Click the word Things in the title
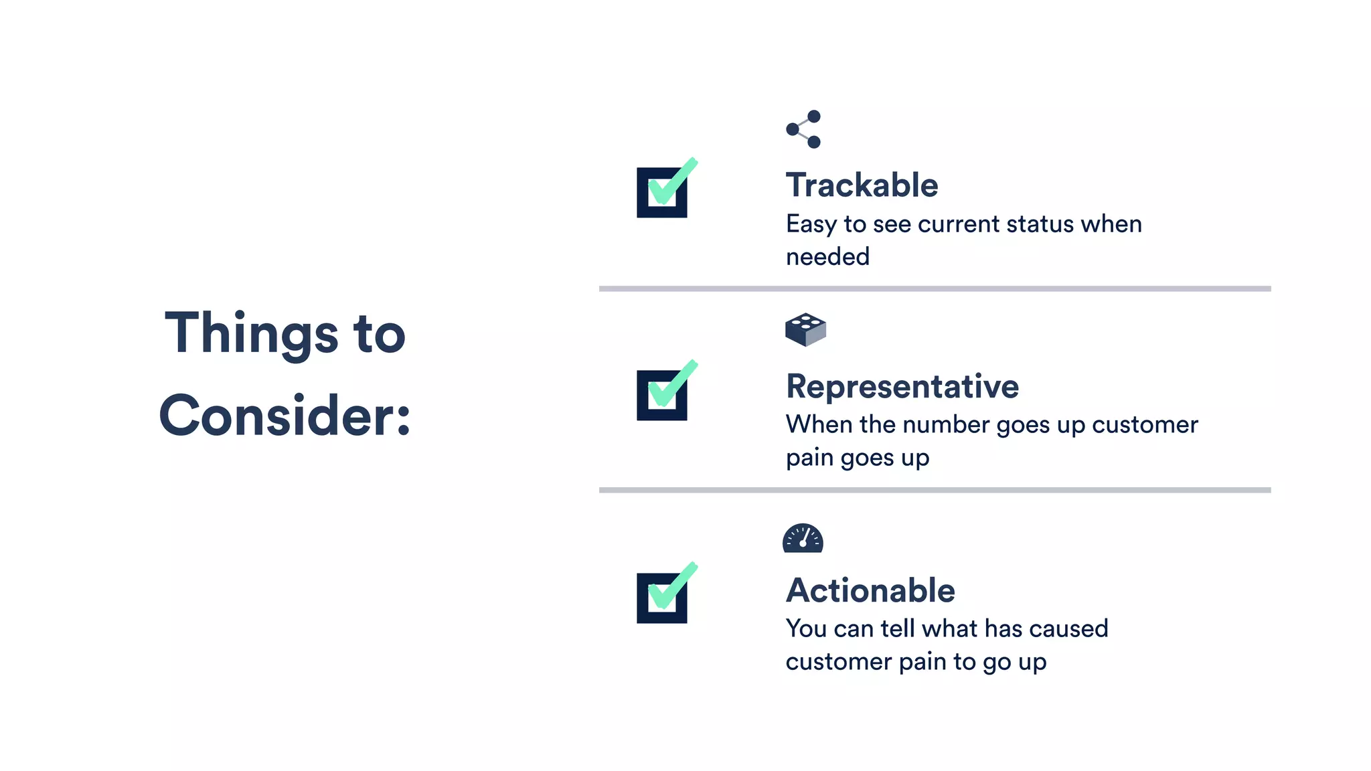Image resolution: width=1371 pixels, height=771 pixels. click(x=252, y=334)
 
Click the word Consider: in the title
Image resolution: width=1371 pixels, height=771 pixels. click(x=285, y=416)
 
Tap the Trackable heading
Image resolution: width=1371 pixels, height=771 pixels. click(x=862, y=185)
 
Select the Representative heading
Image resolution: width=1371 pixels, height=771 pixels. click(x=902, y=386)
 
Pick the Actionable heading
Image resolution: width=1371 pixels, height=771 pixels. click(x=870, y=590)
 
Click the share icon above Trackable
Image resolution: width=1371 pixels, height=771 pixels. click(x=803, y=129)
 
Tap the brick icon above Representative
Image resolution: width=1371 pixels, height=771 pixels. click(x=805, y=329)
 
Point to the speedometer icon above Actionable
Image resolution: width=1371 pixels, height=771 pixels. click(x=803, y=538)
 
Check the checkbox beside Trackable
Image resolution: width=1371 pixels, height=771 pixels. click(x=662, y=192)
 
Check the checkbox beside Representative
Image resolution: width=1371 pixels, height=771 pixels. click(x=662, y=395)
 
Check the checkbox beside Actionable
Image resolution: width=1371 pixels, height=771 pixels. click(x=662, y=598)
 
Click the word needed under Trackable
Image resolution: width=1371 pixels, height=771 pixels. click(x=827, y=257)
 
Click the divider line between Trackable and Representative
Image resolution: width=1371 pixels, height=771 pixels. click(x=935, y=289)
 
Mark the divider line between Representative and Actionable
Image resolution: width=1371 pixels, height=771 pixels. click(x=935, y=491)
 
